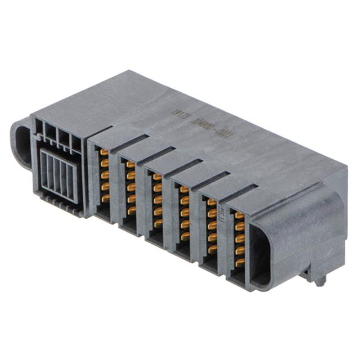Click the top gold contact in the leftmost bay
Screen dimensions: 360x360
[x=104, y=152]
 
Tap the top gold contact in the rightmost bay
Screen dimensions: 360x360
[x=240, y=216]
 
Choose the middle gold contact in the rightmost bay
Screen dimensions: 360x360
[x=240, y=239]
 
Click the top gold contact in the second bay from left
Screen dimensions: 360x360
[x=130, y=165]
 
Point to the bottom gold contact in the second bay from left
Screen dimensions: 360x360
[x=131, y=211]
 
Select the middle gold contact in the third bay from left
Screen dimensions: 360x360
[x=157, y=200]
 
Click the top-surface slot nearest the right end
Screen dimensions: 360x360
[x=239, y=189]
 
